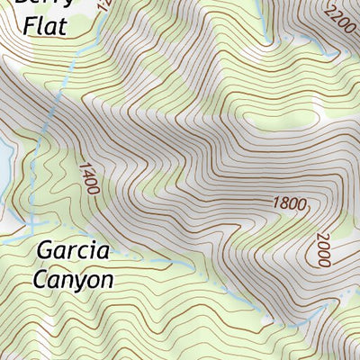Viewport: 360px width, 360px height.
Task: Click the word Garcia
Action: click(x=74, y=249)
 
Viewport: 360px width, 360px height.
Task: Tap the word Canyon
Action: click(x=74, y=280)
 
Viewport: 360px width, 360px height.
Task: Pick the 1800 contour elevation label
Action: click(x=287, y=203)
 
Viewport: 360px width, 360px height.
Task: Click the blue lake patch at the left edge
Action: click(x=4, y=162)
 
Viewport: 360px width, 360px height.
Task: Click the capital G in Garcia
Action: click(x=46, y=249)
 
